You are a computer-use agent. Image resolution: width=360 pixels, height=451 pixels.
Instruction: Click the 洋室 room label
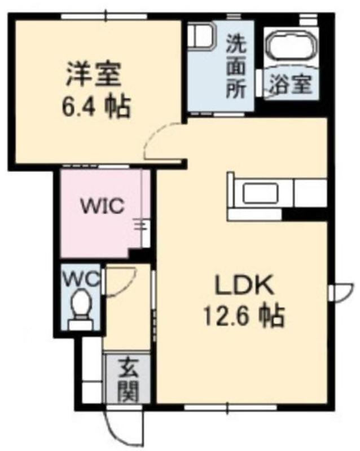pyautogui.click(x=93, y=74)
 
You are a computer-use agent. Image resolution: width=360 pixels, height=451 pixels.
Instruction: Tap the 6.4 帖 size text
pyautogui.click(x=96, y=106)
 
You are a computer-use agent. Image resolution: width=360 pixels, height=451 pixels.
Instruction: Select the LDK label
pyautogui.click(x=244, y=285)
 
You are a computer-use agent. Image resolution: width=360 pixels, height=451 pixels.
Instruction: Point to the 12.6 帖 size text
pyautogui.click(x=244, y=316)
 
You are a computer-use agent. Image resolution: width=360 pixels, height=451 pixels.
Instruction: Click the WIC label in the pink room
pyautogui.click(x=103, y=206)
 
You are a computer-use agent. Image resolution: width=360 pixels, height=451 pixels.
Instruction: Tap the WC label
pyautogui.click(x=81, y=278)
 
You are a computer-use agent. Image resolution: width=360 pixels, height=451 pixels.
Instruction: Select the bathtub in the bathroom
pyautogui.click(x=291, y=46)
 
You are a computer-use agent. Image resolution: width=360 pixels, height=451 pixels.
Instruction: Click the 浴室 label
pyautogui.click(x=291, y=84)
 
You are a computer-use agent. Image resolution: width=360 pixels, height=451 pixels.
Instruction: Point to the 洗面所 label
pyautogui.click(x=236, y=67)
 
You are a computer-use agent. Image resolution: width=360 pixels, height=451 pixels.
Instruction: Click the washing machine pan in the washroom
pyautogui.click(x=201, y=38)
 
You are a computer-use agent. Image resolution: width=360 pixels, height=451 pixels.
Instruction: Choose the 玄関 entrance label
pyautogui.click(x=129, y=379)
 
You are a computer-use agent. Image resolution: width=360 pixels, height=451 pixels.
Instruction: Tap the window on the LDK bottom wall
pyautogui.click(x=230, y=408)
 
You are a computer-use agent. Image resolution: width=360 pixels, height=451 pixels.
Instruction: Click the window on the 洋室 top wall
pyautogui.click(x=106, y=16)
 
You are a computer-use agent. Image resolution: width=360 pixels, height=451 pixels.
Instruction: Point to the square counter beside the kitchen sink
pyautogui.click(x=310, y=193)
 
